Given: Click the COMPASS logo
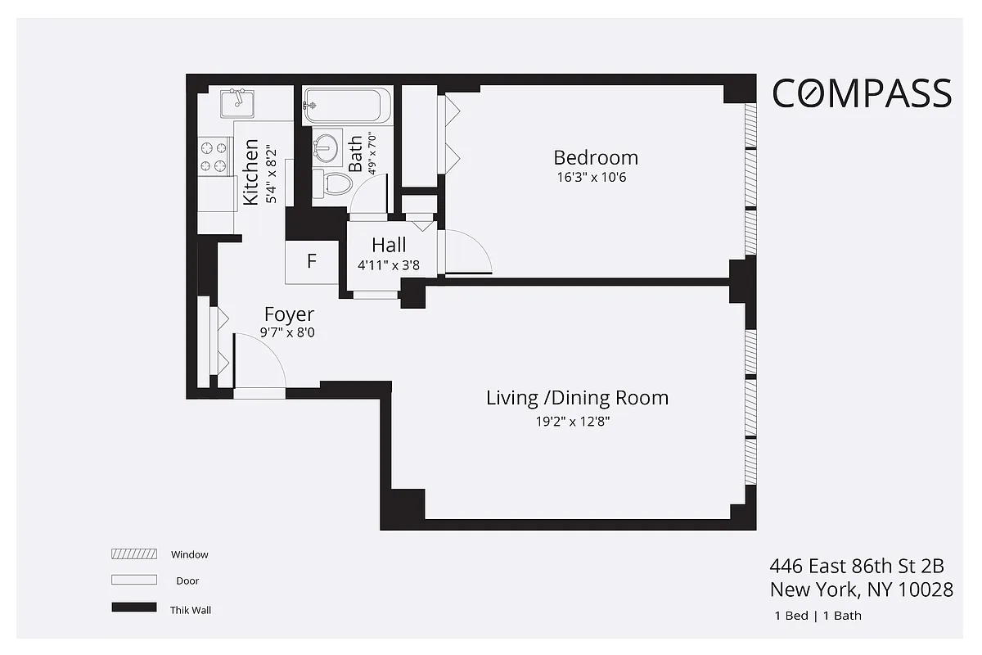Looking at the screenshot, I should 863,93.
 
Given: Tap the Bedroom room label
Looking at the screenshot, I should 595,157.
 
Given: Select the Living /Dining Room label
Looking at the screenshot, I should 577,398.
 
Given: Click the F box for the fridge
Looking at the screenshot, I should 311,262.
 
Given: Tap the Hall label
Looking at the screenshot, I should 389,245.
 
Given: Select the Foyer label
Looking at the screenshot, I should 289,314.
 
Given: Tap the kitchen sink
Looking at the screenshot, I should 236,102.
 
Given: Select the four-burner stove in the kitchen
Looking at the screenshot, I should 214,157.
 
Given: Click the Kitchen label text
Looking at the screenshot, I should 250,173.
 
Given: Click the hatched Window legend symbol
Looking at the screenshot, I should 133,554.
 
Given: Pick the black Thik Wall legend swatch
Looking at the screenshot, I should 133,608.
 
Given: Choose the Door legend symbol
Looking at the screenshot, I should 133,580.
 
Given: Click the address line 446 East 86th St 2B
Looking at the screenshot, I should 856,566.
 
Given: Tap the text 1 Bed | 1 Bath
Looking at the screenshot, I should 817,616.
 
